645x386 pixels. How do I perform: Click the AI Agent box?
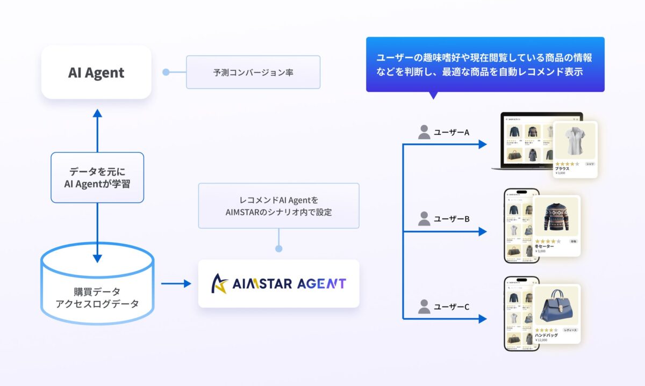click(x=96, y=72)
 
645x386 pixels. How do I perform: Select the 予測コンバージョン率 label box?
click(x=253, y=72)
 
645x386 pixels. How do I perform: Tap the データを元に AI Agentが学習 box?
click(x=97, y=178)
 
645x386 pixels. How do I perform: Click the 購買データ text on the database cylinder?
click(x=97, y=292)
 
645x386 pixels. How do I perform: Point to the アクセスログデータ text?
click(x=97, y=304)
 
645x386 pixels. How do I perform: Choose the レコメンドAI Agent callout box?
click(x=278, y=206)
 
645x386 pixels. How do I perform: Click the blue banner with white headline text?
click(x=485, y=64)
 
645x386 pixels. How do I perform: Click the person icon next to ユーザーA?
click(x=424, y=132)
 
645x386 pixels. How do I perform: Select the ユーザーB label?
click(x=451, y=219)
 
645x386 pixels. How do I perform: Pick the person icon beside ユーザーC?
click(x=424, y=307)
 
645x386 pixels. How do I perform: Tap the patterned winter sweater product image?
click(x=556, y=217)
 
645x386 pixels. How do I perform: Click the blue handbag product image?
click(x=556, y=306)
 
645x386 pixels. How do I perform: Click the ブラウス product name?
click(x=562, y=168)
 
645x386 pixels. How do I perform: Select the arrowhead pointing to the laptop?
click(x=482, y=144)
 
